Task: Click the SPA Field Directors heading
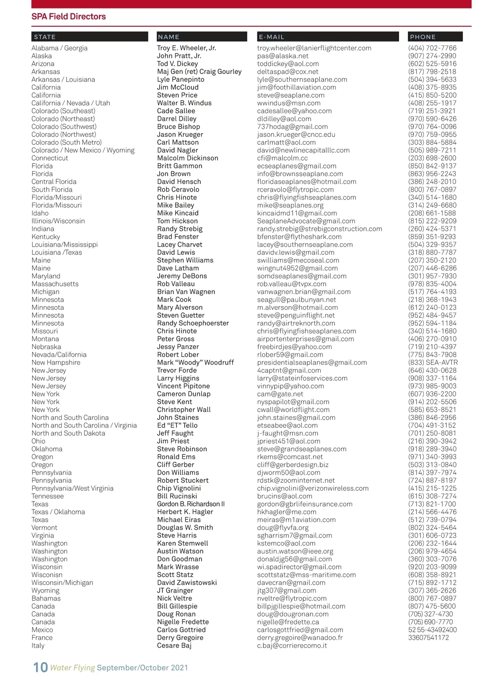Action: pos(68,17)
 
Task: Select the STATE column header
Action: pos(45,37)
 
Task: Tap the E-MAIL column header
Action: pos(271,37)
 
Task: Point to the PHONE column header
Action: pos(423,37)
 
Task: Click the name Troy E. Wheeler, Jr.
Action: pos(187,48)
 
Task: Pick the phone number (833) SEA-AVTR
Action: pos(433,363)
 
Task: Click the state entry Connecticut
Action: pos(49,158)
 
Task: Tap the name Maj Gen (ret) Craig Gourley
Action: pos(199,72)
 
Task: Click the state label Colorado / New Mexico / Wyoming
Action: pos(83,151)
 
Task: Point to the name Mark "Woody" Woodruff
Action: pos(195,363)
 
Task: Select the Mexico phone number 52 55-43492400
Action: pos(432,630)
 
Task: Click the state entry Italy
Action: pos(38,646)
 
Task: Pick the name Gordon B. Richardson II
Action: pos(191,504)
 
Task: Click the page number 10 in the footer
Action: pos(40,667)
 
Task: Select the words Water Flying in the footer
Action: pos(72,668)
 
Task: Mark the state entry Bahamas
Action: pos(46,598)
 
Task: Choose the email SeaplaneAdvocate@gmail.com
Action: pos(306,221)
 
